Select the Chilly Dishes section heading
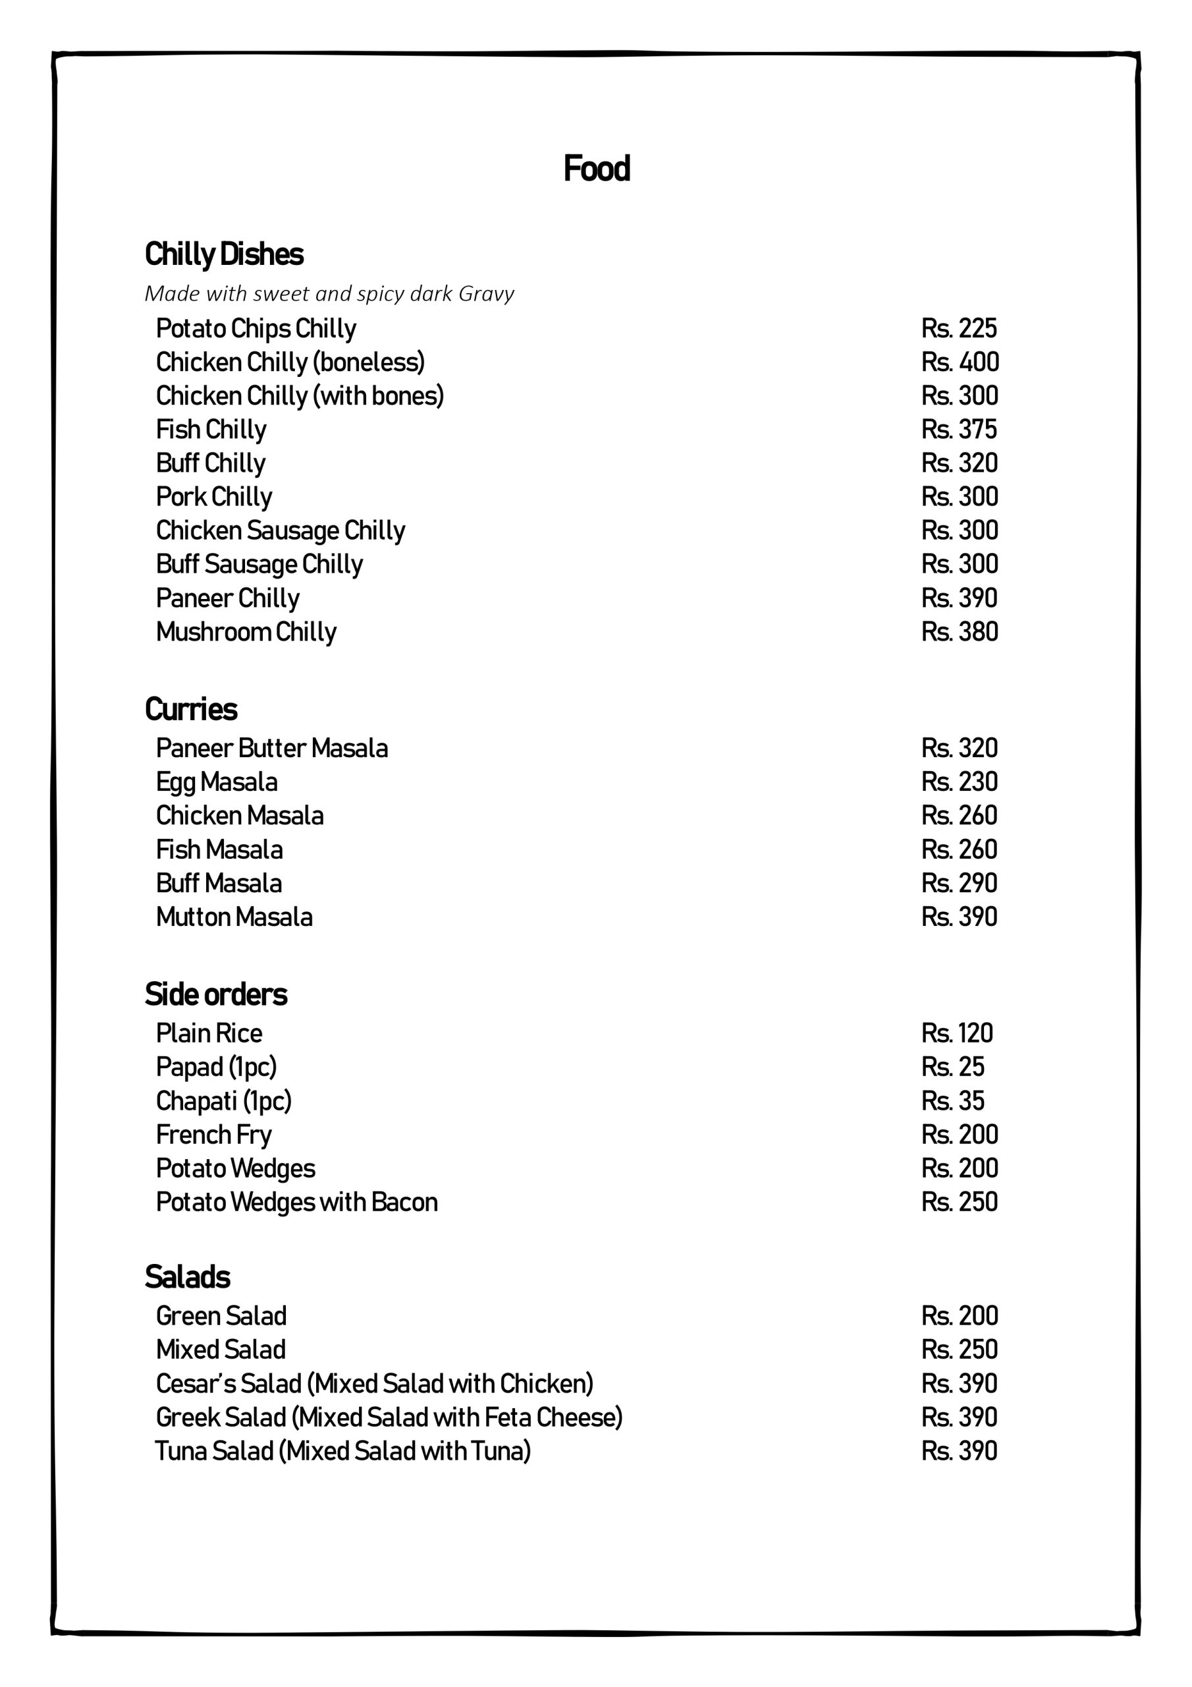224,254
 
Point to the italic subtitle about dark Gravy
329,294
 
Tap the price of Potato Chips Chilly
958,328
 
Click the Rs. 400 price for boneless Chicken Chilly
959,362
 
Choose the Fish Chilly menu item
211,430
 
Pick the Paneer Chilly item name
227,599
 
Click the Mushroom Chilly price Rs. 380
959,632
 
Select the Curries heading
191,710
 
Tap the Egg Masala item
217,782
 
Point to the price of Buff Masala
959,883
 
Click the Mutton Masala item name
234,917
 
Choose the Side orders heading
216,995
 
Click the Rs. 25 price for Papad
952,1067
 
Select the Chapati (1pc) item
223,1101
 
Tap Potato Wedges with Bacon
297,1202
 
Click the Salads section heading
187,1277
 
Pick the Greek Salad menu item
389,1417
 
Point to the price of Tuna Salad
959,1450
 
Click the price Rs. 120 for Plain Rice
956,1033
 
